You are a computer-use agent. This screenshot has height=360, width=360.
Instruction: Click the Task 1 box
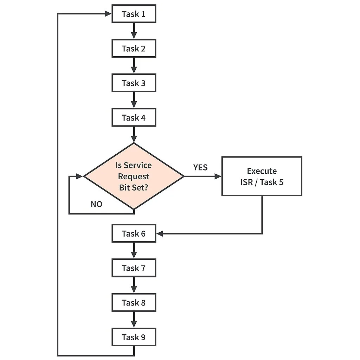(134, 14)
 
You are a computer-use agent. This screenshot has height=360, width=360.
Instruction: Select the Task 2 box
(134, 49)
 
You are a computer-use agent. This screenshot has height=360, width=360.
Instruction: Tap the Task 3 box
(134, 83)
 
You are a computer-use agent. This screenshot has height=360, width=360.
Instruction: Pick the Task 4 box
(134, 117)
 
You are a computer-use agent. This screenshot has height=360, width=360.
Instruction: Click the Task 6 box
(134, 233)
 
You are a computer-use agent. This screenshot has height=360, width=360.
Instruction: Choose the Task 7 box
(134, 268)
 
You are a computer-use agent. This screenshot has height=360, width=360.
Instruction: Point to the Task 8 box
(134, 302)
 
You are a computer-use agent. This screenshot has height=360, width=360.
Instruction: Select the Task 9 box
(134, 337)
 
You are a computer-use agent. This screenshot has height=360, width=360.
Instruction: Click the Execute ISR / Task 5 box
(262, 176)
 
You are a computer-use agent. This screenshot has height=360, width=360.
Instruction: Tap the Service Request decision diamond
(134, 176)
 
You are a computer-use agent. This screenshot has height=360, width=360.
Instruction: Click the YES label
(200, 167)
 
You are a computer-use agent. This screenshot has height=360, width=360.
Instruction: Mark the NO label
(96, 204)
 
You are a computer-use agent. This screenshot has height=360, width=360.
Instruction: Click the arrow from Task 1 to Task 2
(134, 31)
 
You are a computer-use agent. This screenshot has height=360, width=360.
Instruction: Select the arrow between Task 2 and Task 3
(134, 65)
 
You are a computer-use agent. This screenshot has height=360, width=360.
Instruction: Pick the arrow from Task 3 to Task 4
(134, 100)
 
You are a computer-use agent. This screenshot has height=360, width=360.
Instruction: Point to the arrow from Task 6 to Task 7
(134, 250)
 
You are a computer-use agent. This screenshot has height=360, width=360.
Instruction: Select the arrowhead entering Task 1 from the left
(108, 14)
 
